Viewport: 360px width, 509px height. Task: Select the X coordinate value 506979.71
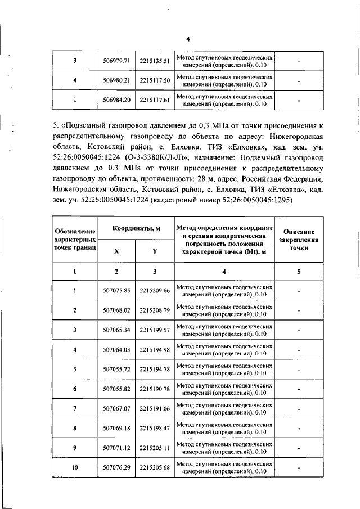point(117,61)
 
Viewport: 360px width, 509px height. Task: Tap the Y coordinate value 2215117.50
point(155,81)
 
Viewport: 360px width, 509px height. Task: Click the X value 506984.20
point(117,101)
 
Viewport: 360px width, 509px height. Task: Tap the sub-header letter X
point(116,251)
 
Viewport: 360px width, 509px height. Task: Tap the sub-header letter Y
point(155,251)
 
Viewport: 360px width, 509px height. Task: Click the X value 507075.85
point(117,290)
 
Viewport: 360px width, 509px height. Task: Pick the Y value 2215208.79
point(155,310)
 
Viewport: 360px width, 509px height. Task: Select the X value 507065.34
point(117,330)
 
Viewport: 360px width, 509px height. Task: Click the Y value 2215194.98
point(155,349)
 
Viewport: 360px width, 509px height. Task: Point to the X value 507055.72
point(117,369)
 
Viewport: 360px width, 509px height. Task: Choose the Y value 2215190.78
point(155,389)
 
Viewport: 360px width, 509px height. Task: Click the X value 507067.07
point(117,408)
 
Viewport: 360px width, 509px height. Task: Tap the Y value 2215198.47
point(155,428)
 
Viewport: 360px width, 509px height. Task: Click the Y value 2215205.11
point(155,448)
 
